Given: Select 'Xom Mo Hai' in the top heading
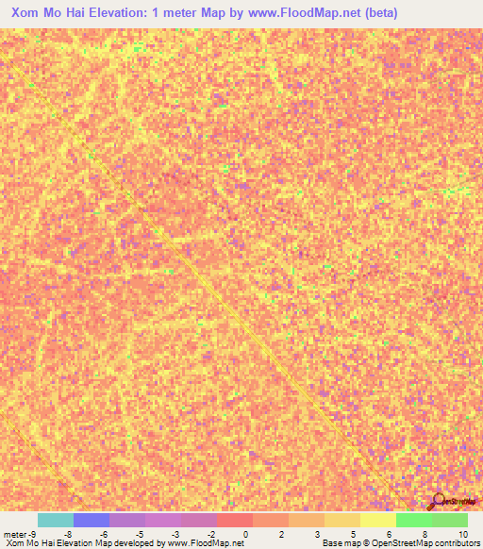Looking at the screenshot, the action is coord(43,13).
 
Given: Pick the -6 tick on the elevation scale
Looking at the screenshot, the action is coord(104,534).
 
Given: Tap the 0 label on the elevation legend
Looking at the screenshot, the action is coord(245,534).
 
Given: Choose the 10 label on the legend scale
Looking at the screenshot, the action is coord(461,534).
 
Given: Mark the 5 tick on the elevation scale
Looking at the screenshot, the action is coord(353,534).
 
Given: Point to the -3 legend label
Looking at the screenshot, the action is coord(175,534).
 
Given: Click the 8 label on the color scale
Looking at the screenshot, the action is coord(425,534).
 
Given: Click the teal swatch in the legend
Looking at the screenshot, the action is coord(56,520).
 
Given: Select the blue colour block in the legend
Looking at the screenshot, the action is coord(92,520).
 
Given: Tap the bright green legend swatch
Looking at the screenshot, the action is coord(413,520).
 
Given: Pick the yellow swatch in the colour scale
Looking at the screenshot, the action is coord(377,520).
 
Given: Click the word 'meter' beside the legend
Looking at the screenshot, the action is coord(13,534).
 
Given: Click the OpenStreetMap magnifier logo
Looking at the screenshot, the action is coord(439,502).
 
